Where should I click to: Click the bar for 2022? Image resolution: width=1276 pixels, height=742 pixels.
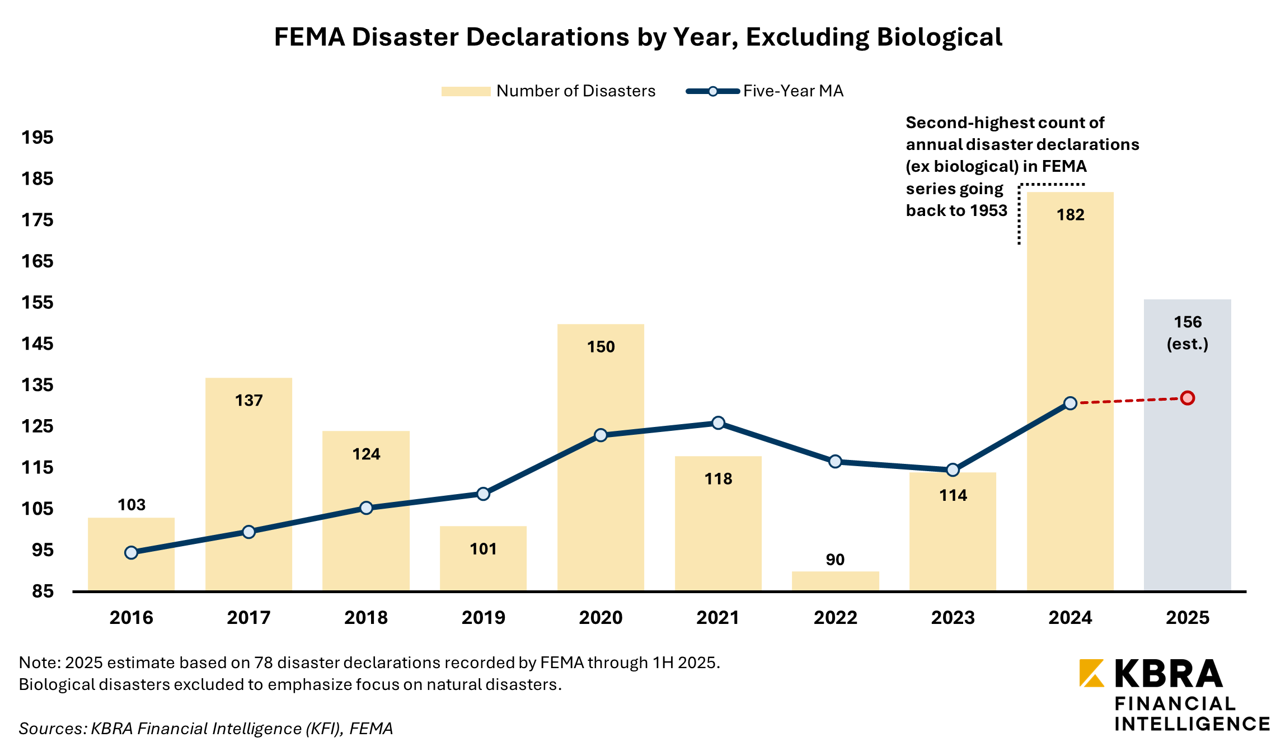835,581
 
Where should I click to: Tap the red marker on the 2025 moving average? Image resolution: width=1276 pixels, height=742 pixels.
1187,398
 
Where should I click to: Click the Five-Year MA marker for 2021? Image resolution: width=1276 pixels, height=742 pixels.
718,423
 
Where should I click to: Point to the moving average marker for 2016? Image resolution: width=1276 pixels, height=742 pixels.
132,553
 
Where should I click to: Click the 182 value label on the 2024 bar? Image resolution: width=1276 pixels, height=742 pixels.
1070,215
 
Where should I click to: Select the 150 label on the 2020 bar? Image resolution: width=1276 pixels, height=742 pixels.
601,347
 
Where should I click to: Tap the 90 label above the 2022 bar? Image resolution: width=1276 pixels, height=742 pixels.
835,560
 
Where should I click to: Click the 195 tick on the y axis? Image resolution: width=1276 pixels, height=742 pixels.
37,138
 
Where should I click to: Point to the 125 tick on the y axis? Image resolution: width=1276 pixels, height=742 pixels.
37,426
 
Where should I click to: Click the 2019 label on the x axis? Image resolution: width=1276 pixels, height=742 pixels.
483,618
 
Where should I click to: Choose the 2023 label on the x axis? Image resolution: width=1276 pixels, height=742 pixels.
953,618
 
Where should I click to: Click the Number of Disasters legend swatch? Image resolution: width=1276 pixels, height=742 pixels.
466,91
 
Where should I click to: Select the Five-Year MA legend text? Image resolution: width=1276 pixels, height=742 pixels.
793,91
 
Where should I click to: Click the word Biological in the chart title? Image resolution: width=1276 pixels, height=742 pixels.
940,37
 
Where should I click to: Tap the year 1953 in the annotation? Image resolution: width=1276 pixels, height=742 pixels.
988,210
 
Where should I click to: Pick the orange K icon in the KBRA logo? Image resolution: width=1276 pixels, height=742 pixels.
1092,673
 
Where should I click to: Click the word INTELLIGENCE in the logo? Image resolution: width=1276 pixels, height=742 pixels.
1192,724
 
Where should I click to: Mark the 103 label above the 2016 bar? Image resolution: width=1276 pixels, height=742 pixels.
132,505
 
